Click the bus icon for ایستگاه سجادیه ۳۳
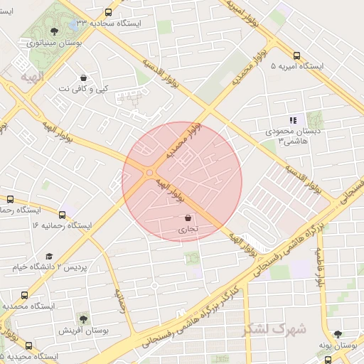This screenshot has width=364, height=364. [108, 12]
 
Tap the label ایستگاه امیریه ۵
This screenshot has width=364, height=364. [297, 66]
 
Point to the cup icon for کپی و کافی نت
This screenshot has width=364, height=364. [84, 77]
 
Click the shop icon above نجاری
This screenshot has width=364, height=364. [188, 218]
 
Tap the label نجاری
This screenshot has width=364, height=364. [188, 230]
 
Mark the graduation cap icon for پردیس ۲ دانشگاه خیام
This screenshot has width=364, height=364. [49, 256]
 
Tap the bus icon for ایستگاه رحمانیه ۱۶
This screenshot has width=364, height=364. [62, 214]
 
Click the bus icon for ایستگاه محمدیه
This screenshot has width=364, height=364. [25, 294]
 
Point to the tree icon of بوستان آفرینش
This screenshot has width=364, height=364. [83, 319]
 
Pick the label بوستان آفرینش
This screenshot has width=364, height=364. [82, 331]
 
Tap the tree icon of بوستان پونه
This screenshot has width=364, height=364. [338, 333]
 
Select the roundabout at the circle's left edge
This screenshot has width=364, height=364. [150, 173]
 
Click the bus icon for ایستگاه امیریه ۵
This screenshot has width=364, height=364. [296, 55]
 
